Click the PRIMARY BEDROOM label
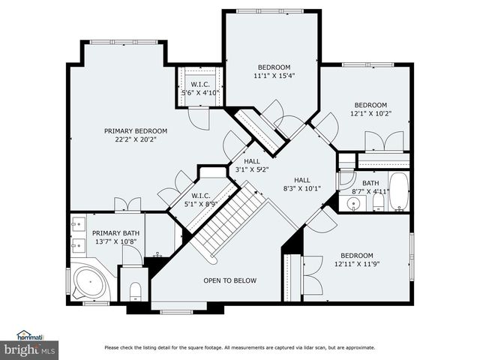pos(135,130)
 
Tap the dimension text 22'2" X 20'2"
pos(135,139)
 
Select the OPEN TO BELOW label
pos(229,280)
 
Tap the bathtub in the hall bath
pos(397,192)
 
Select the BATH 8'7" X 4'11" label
pos(370,187)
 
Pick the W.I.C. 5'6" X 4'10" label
pos(199,89)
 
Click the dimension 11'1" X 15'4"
pos(273,76)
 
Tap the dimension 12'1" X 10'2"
pos(370,113)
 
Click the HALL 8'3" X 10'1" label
pos(301,184)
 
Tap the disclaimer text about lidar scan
pos(239,347)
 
